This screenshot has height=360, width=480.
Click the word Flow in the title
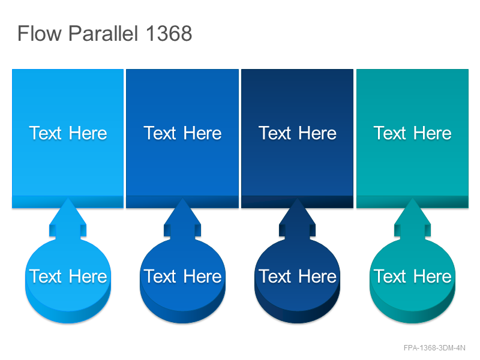point(40,33)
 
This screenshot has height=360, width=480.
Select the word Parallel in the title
point(103,33)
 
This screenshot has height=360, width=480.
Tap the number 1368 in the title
point(169,33)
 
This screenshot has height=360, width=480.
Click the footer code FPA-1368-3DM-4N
point(434,348)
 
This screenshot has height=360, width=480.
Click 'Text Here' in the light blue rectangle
point(68,133)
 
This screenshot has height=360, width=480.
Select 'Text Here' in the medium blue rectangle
point(182,133)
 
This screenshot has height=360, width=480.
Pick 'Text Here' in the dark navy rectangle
point(297,133)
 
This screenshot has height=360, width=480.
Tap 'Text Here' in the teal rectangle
point(412,133)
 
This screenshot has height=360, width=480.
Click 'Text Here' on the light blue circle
point(68,277)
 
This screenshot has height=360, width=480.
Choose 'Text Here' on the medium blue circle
point(182,277)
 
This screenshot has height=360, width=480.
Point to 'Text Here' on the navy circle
point(297,277)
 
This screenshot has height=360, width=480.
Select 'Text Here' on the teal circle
point(412,277)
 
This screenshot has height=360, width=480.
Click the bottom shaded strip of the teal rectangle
point(412,202)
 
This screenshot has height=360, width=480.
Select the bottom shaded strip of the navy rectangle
point(297,202)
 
